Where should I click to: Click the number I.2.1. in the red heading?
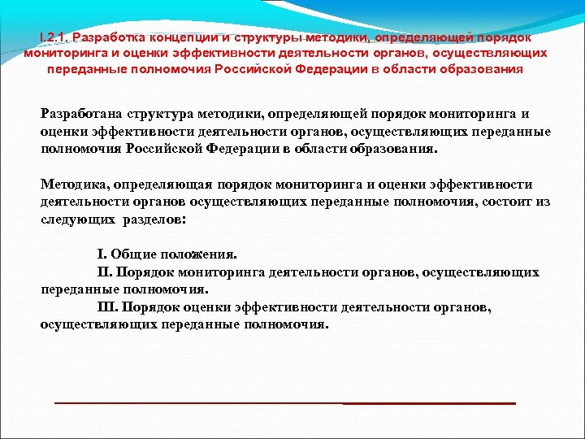54,37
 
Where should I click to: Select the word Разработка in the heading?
107,37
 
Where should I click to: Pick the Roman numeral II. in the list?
106,272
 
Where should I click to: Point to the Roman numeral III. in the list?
108,307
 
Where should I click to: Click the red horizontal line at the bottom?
284,403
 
